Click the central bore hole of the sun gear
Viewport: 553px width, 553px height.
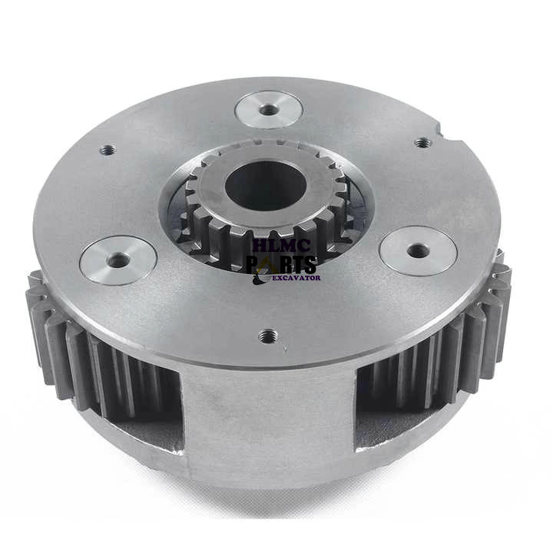click(266, 185)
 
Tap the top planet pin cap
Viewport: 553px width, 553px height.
click(268, 109)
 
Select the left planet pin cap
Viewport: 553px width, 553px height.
click(118, 260)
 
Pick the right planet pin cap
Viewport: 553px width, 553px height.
click(419, 250)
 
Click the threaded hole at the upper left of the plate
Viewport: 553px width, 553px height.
click(108, 150)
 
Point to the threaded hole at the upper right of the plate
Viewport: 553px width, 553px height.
click(423, 143)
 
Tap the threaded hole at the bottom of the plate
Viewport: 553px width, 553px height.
click(268, 336)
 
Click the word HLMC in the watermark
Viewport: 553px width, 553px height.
click(282, 245)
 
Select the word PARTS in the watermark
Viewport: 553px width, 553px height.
click(281, 264)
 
